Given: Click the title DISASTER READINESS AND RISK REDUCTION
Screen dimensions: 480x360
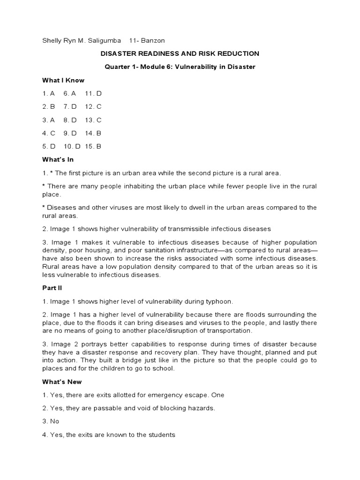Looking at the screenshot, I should tap(180, 54).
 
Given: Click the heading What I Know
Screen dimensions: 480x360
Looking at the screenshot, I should tap(64, 80).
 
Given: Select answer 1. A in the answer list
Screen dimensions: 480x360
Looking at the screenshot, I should tap(49, 93).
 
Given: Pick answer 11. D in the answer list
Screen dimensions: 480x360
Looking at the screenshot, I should tap(93, 93).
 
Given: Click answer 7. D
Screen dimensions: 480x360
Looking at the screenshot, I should tap(70, 106).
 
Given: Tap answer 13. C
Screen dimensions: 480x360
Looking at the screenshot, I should tap(93, 120).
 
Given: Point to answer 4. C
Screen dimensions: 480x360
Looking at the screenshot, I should tap(49, 133).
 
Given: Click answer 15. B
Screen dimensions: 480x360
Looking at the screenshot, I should tap(93, 146).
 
